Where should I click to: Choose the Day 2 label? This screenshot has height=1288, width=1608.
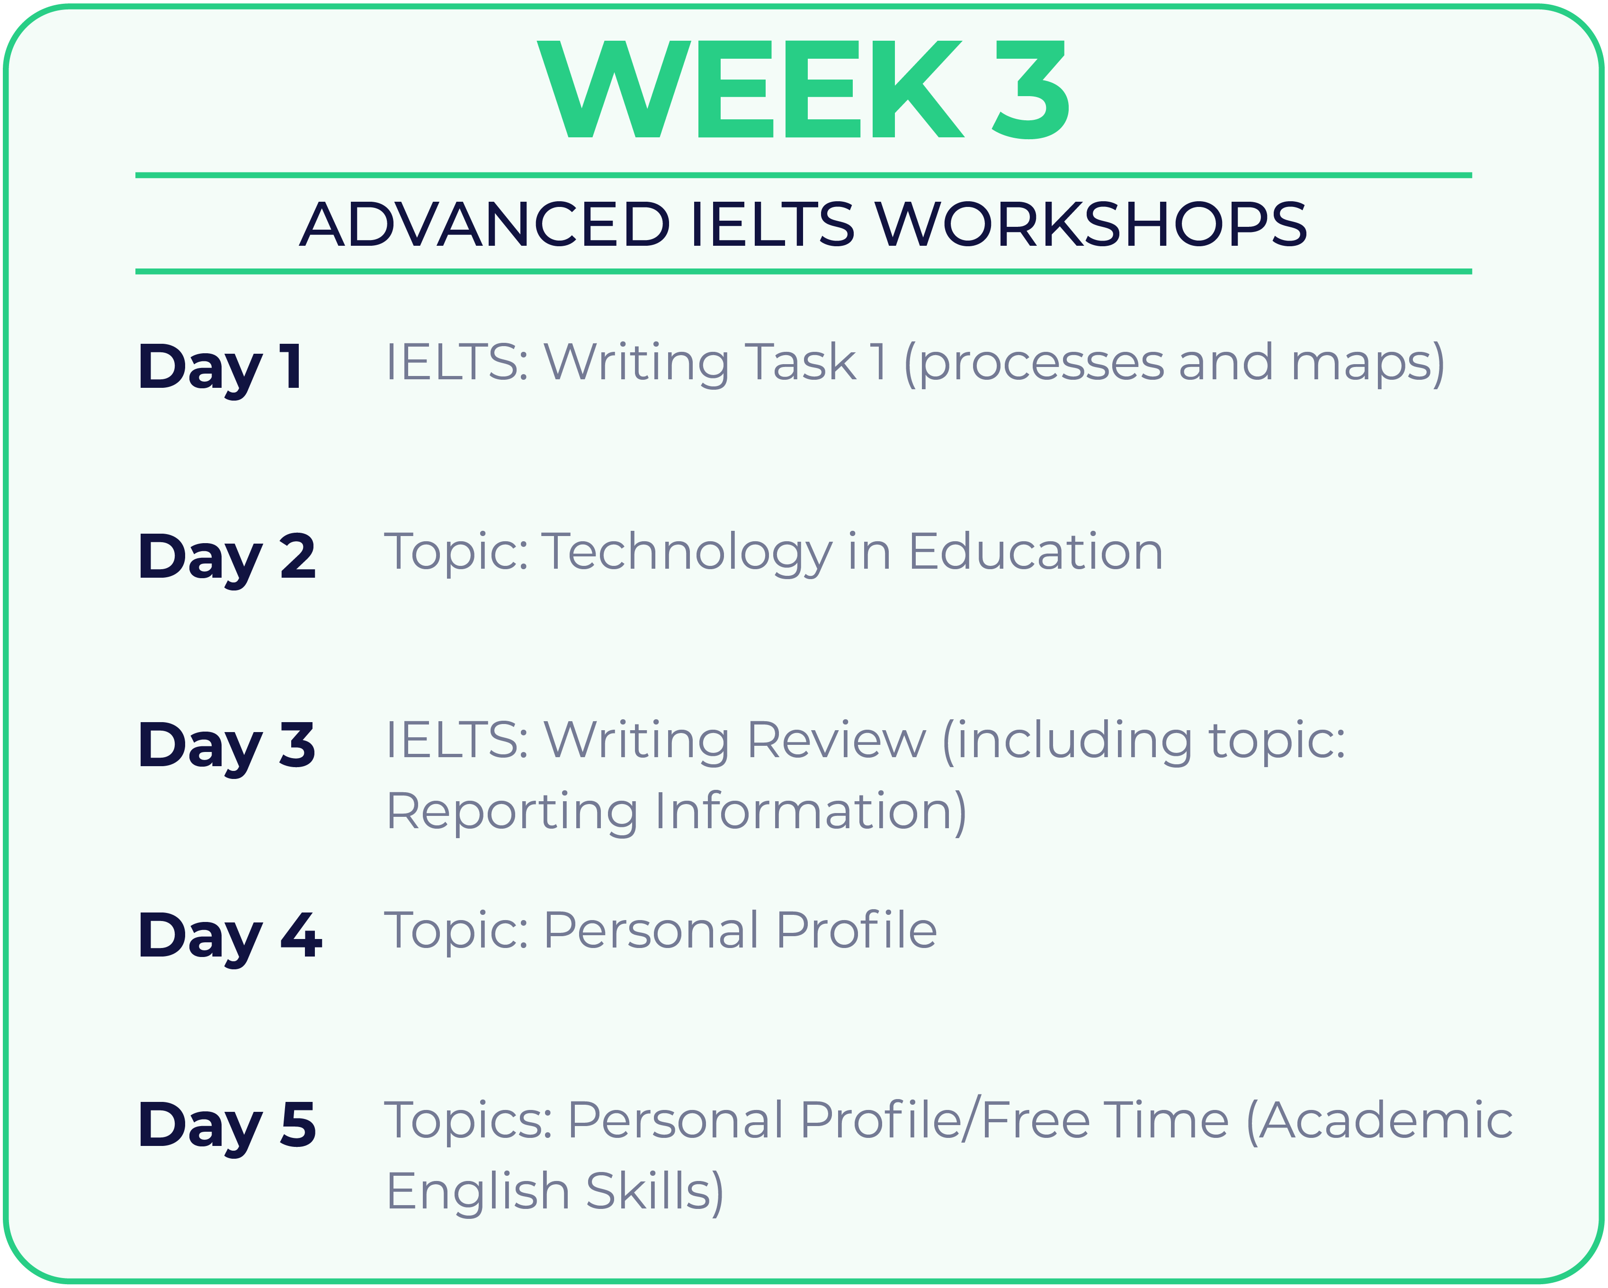tap(227, 558)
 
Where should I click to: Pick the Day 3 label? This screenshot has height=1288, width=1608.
tap(227, 747)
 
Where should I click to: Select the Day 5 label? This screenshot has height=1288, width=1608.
tap(227, 1126)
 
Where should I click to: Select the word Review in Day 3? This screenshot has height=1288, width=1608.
tap(836, 742)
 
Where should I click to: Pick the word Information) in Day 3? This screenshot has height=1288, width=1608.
tap(812, 812)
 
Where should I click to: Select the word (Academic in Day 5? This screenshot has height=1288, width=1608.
tap(1380, 1121)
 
